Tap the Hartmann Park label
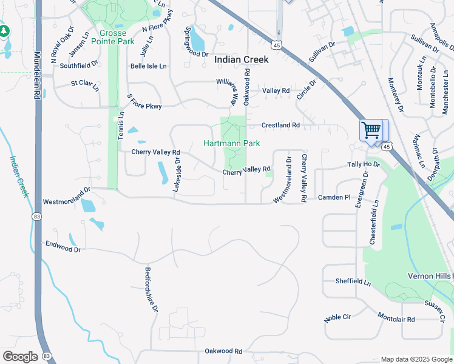pos(231,143)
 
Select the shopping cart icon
pos(371,130)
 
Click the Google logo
pos(20,357)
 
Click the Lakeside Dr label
pos(177,175)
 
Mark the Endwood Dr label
pos(63,246)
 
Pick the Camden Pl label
pos(334,198)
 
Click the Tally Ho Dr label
pos(363,164)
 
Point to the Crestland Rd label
pos(280,125)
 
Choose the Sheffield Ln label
pos(353,281)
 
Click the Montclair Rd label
pos(396,318)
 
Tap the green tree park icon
pos(4,30)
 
